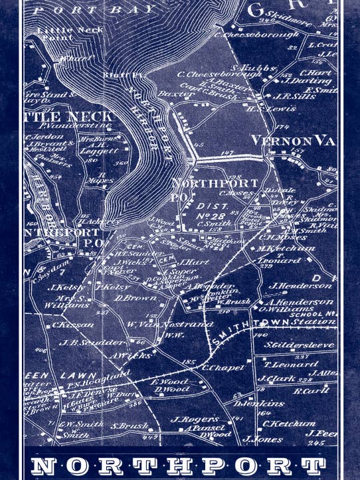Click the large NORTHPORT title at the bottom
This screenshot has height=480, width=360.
click(179, 465)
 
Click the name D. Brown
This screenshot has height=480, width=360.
click(135, 298)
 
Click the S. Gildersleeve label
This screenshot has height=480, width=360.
click(300, 345)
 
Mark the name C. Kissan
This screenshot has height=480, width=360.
click(73, 325)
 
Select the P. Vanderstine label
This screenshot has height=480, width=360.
click(65, 125)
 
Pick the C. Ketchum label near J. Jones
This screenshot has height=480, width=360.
click(288, 423)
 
